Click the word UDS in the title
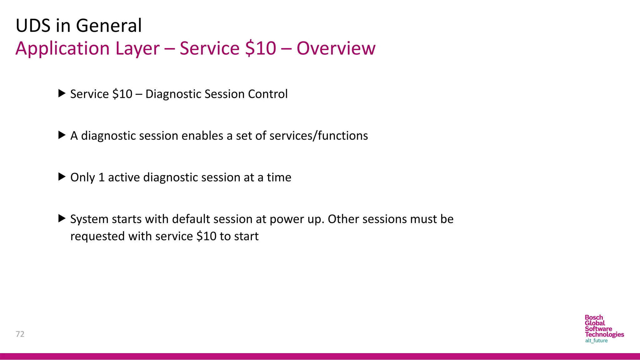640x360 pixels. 33,26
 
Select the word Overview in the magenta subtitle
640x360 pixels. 336,48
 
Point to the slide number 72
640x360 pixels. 20,334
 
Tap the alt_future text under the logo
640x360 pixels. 596,341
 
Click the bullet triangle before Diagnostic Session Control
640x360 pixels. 62,93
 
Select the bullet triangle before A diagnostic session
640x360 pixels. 62,135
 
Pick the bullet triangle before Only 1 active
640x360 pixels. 62,177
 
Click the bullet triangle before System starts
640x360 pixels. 62,218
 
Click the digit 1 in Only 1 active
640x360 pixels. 101,177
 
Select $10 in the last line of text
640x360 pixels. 206,237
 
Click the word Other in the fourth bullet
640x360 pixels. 343,219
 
